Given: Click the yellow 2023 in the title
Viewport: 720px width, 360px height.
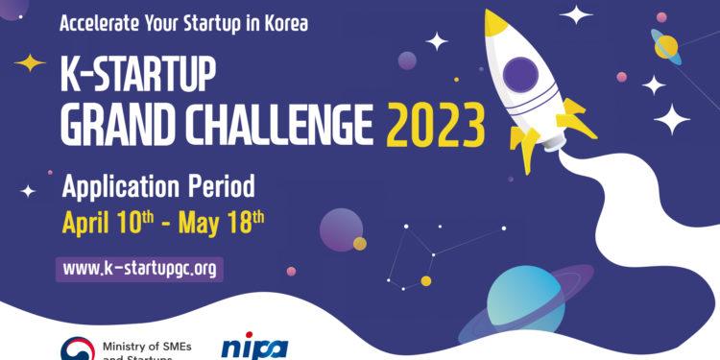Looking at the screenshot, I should coord(435,127).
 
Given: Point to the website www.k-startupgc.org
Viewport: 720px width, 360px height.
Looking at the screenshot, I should coord(139,269).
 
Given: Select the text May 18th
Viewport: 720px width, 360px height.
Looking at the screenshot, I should coord(225,225).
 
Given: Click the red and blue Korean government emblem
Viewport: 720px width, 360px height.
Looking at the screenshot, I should coord(77,349).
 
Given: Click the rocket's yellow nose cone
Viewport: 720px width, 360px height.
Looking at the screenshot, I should coord(495,23).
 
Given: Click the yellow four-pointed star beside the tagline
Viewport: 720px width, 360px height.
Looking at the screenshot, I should coord(31,63).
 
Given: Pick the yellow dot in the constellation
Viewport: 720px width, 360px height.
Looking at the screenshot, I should coord(425,281).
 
